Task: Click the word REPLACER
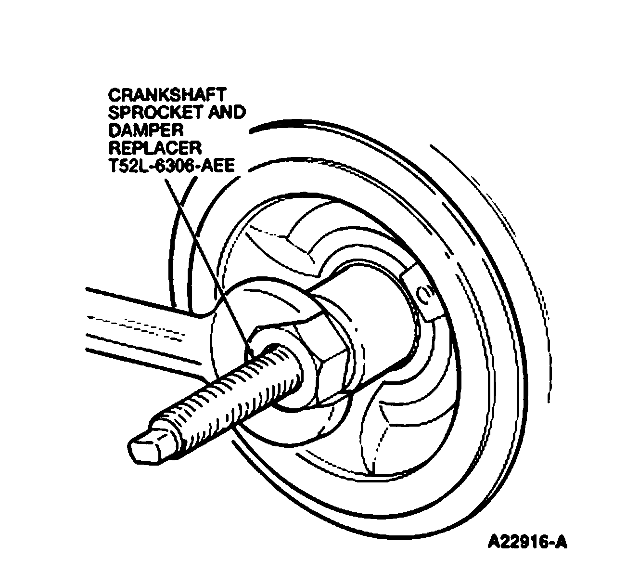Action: coord(154,148)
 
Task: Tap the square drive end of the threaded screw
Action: coord(149,441)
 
